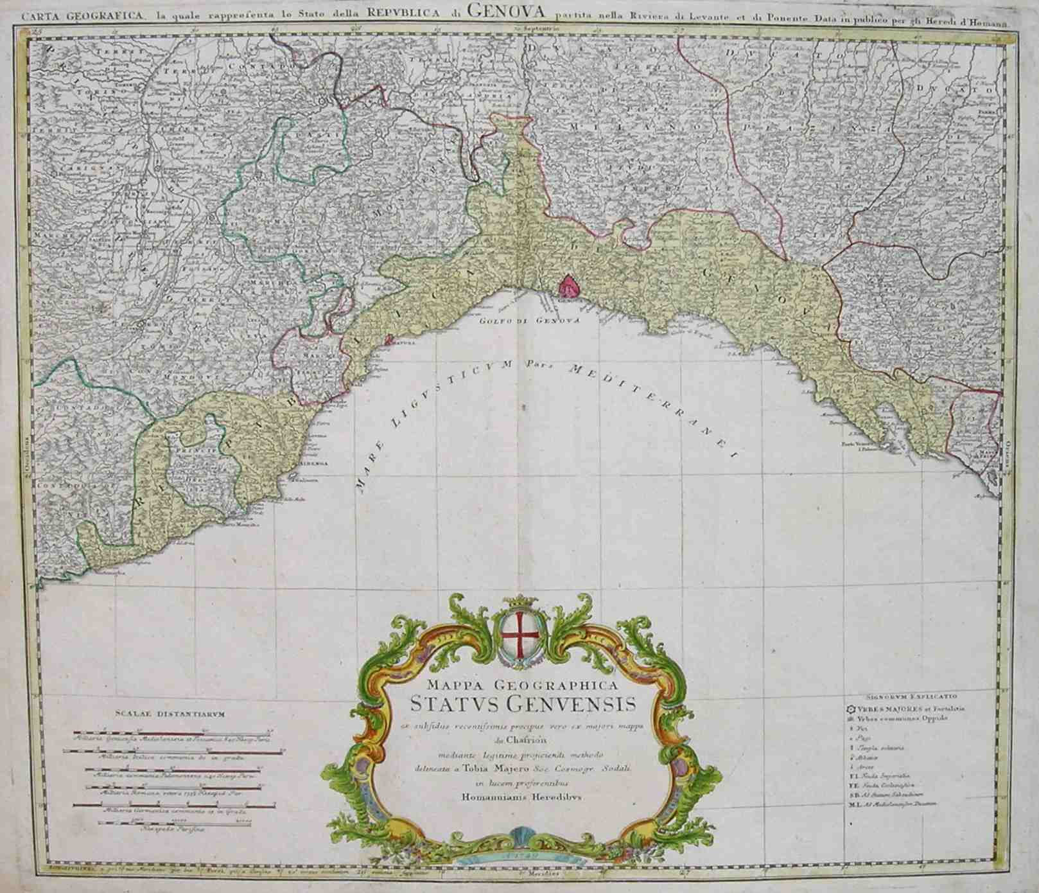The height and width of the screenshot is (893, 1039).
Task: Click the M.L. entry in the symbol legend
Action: (893, 803)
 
